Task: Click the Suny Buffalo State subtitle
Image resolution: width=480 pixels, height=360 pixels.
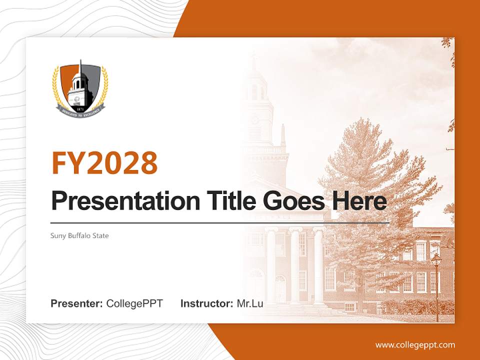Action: coord(79,235)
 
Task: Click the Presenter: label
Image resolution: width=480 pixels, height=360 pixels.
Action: coord(77,303)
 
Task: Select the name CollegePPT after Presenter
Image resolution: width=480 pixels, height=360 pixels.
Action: coord(134,303)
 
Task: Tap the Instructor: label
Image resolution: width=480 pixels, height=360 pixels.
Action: coord(206,303)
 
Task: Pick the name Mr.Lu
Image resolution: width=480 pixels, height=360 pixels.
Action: coord(249,303)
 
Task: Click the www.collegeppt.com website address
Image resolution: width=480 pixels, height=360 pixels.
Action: coord(415,344)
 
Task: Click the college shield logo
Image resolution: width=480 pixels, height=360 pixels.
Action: coord(80,88)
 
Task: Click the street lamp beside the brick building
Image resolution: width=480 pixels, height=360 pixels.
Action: coord(436,280)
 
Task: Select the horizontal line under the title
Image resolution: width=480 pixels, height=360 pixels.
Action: coord(220,222)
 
